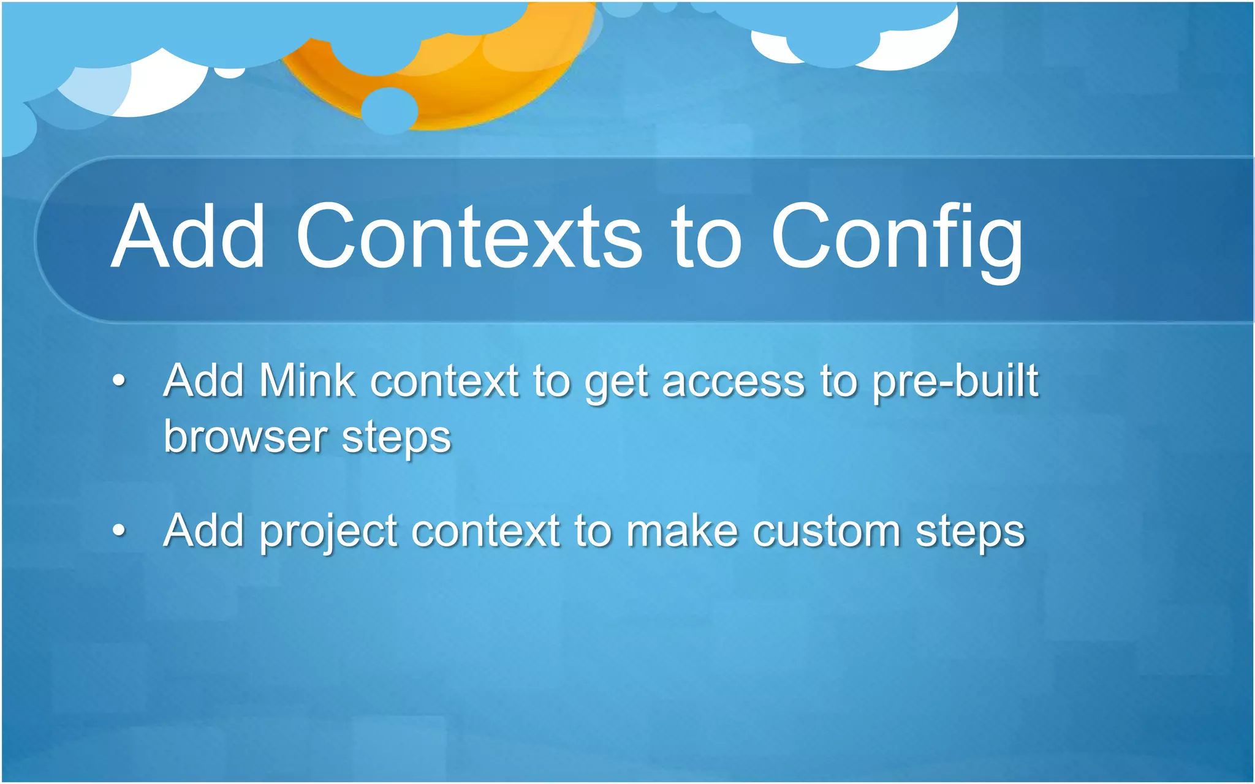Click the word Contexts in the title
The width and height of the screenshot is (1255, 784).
469,237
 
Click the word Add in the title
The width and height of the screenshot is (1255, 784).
188,237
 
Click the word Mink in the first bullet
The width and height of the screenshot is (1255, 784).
306,381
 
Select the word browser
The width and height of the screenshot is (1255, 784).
245,437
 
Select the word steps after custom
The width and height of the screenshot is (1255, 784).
969,532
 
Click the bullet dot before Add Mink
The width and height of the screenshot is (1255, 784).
119,381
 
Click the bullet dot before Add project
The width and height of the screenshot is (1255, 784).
119,530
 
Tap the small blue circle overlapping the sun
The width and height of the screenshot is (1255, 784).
389,111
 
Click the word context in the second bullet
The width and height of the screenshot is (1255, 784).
485,531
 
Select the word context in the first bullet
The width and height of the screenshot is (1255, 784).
444,382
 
